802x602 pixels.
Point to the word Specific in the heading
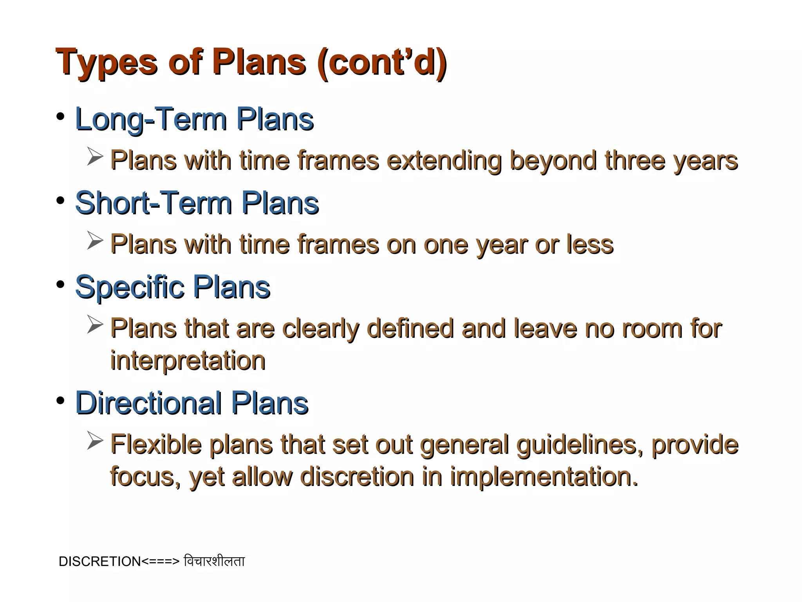(129, 287)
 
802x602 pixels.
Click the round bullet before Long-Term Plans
(60, 117)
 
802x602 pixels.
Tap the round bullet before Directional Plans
(60, 401)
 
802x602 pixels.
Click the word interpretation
(188, 361)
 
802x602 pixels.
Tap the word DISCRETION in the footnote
(99, 562)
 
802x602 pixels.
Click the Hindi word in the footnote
(214, 561)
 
